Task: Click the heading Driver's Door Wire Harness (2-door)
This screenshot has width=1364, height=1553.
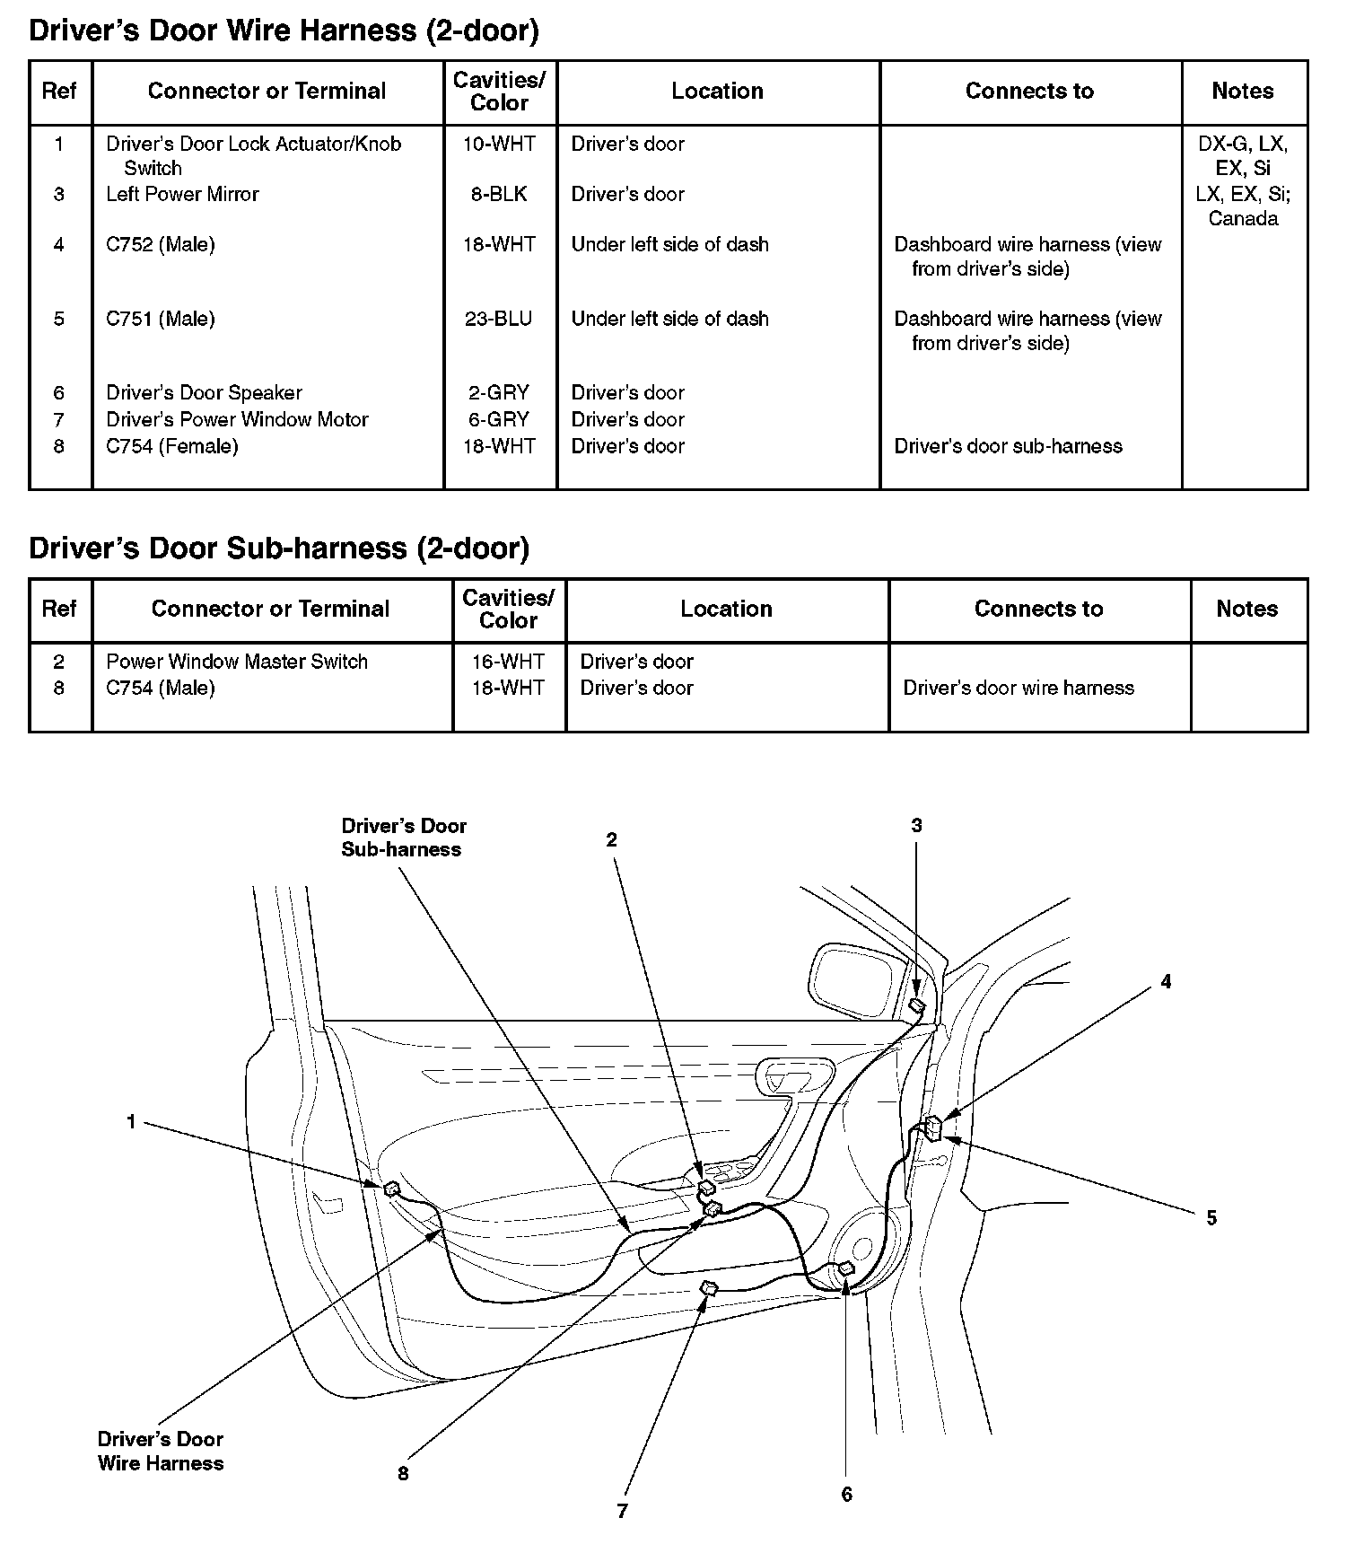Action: pyautogui.click(x=284, y=31)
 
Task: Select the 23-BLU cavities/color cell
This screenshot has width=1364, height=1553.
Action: pyautogui.click(x=499, y=319)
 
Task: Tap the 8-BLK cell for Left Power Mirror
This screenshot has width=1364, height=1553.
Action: pyautogui.click(x=499, y=194)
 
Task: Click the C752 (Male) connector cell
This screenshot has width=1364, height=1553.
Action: pyautogui.click(x=161, y=244)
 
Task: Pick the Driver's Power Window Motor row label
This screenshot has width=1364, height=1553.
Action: pyautogui.click(x=237, y=419)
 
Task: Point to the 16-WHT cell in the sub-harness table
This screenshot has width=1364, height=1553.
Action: pyautogui.click(x=508, y=662)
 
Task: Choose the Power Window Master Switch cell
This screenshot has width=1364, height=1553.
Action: pyautogui.click(x=237, y=662)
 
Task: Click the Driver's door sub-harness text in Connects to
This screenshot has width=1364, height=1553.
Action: pyautogui.click(x=1008, y=446)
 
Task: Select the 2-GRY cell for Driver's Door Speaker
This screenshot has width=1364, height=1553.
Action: pyautogui.click(x=499, y=392)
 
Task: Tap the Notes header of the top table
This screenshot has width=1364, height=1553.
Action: pyautogui.click(x=1243, y=91)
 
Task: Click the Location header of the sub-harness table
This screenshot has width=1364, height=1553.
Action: pyautogui.click(x=726, y=609)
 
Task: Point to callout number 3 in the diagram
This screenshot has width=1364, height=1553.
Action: pyautogui.click(x=916, y=825)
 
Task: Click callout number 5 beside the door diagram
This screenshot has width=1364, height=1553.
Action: pyautogui.click(x=1211, y=1218)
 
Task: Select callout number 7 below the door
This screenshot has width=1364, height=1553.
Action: pyautogui.click(x=622, y=1511)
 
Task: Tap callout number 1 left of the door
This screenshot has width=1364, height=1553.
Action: pyautogui.click(x=131, y=1121)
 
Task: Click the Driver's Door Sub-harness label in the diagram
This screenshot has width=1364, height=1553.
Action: pyautogui.click(x=404, y=838)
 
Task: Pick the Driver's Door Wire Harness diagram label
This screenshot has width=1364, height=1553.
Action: pyautogui.click(x=161, y=1451)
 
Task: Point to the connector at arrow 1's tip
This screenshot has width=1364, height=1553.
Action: pyautogui.click(x=391, y=1189)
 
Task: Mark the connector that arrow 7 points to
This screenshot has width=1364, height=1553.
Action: pyautogui.click(x=709, y=1289)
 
